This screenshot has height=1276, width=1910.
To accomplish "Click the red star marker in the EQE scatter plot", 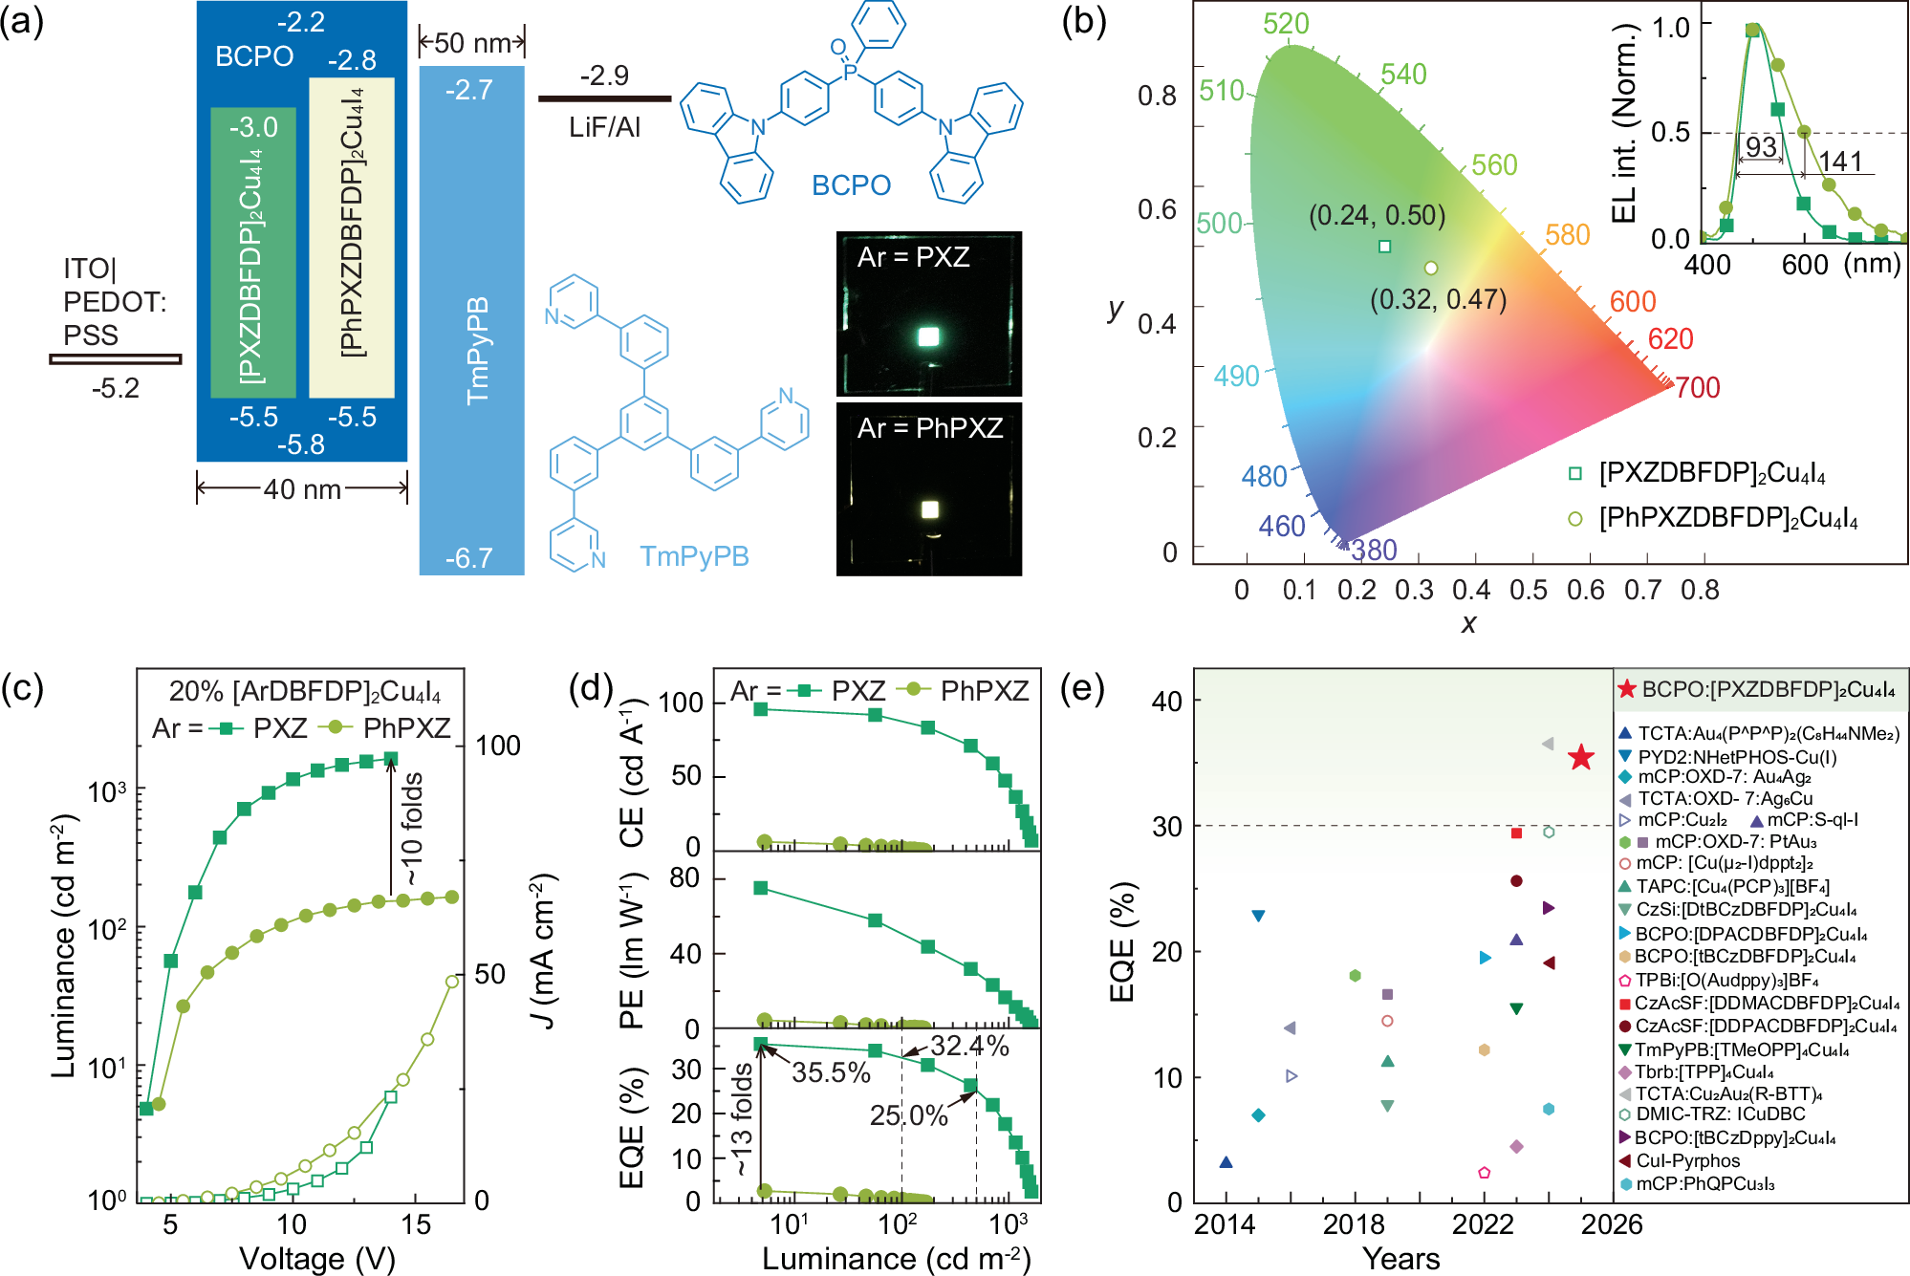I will tap(1581, 758).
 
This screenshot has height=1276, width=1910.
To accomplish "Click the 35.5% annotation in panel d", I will tap(831, 1072).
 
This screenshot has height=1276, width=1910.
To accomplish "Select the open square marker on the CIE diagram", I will tap(1384, 247).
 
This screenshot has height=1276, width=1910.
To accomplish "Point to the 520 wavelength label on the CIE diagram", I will tap(1286, 24).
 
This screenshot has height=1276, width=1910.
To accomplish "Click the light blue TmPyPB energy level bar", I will tap(472, 320).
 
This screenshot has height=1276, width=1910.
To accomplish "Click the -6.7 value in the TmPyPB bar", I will tap(468, 557).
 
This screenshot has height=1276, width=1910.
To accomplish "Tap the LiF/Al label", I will tap(604, 126).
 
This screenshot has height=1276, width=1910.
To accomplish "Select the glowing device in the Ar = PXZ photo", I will tap(928, 335).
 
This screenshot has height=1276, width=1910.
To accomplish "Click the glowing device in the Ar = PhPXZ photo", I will tap(929, 509).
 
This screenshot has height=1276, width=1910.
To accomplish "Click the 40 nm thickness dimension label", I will tap(302, 489).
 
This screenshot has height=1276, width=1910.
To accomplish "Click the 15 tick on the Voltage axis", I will tap(416, 1224).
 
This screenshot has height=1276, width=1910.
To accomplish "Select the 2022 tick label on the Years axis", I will tap(1483, 1224).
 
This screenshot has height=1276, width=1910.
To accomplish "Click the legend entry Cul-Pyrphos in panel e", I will tap(1688, 1160).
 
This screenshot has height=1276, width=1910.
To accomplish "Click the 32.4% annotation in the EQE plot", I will tap(969, 1046).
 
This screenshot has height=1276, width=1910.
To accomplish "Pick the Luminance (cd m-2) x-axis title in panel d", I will tap(896, 1259).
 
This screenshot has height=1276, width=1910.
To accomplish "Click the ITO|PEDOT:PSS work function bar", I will tap(116, 359).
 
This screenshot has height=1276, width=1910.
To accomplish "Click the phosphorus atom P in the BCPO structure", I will tap(850, 71).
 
